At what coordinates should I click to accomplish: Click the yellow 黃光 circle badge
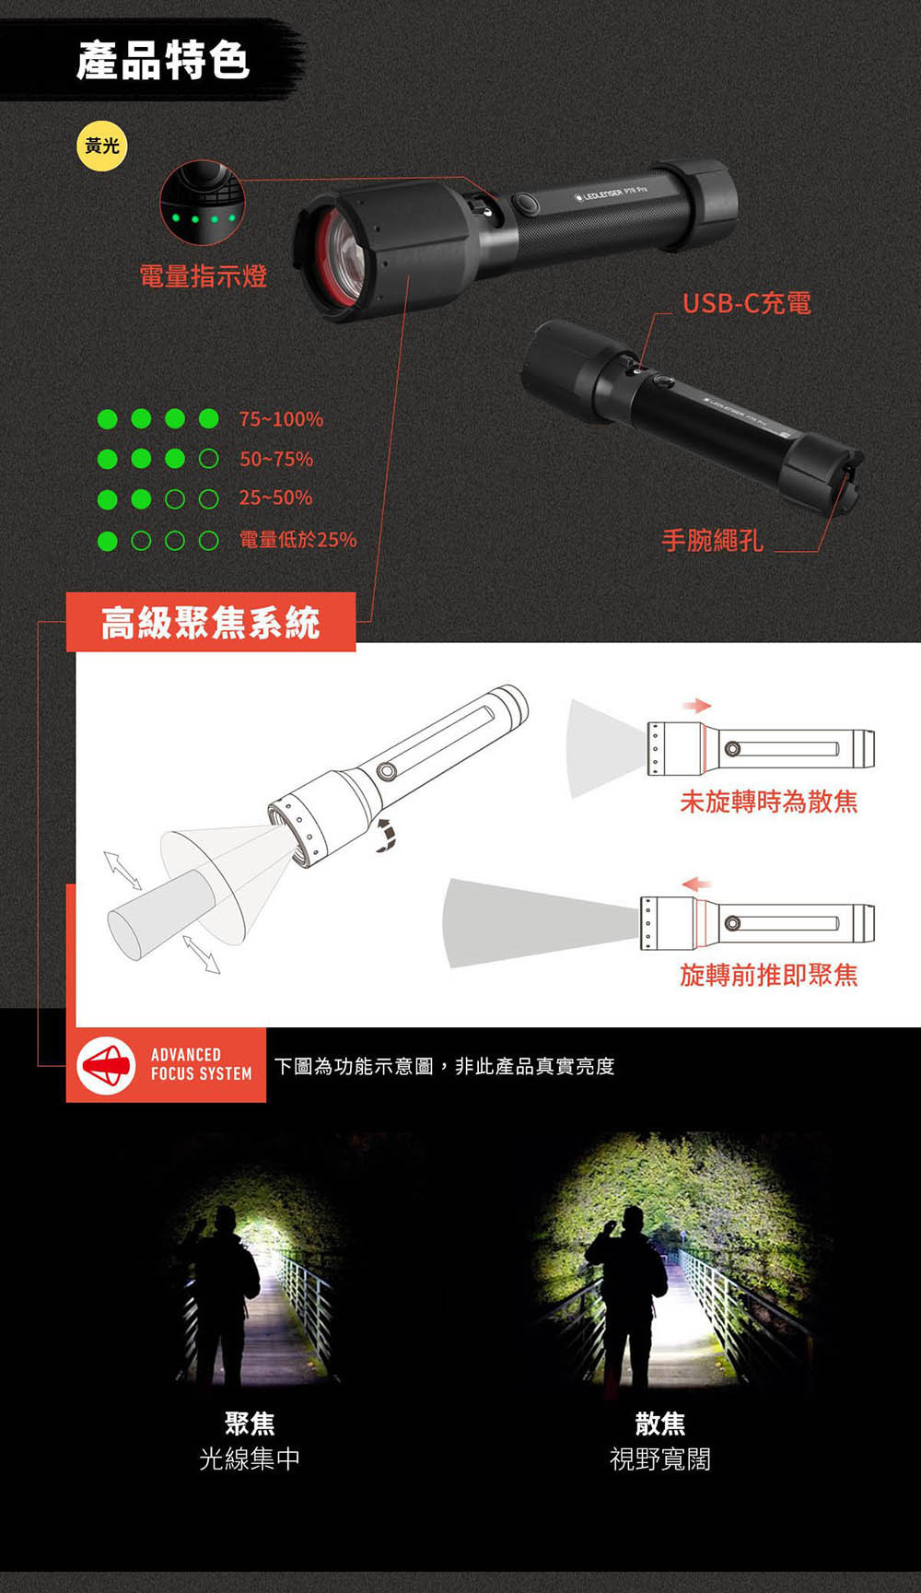point(101,146)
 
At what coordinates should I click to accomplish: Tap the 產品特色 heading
point(163,61)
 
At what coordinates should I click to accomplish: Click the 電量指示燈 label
point(203,275)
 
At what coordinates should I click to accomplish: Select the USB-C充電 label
point(746,303)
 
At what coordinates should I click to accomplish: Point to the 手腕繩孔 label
point(713,540)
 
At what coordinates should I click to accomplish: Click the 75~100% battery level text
point(281,419)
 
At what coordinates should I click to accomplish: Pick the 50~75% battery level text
point(276,459)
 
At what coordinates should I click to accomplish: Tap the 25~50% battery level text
point(275,498)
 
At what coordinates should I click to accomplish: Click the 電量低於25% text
point(297,540)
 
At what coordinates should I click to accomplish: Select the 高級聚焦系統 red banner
point(211,623)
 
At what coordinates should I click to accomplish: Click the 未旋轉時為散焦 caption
point(769,802)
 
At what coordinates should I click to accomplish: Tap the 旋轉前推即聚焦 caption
point(769,975)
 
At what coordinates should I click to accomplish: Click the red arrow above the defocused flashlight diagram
point(697,706)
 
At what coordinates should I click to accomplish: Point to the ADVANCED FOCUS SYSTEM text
point(201,1064)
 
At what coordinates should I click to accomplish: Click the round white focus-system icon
point(107,1066)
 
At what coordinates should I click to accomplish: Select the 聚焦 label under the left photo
point(250,1423)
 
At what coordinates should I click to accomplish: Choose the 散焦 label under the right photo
point(660,1423)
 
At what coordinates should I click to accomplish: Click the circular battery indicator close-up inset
point(203,203)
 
